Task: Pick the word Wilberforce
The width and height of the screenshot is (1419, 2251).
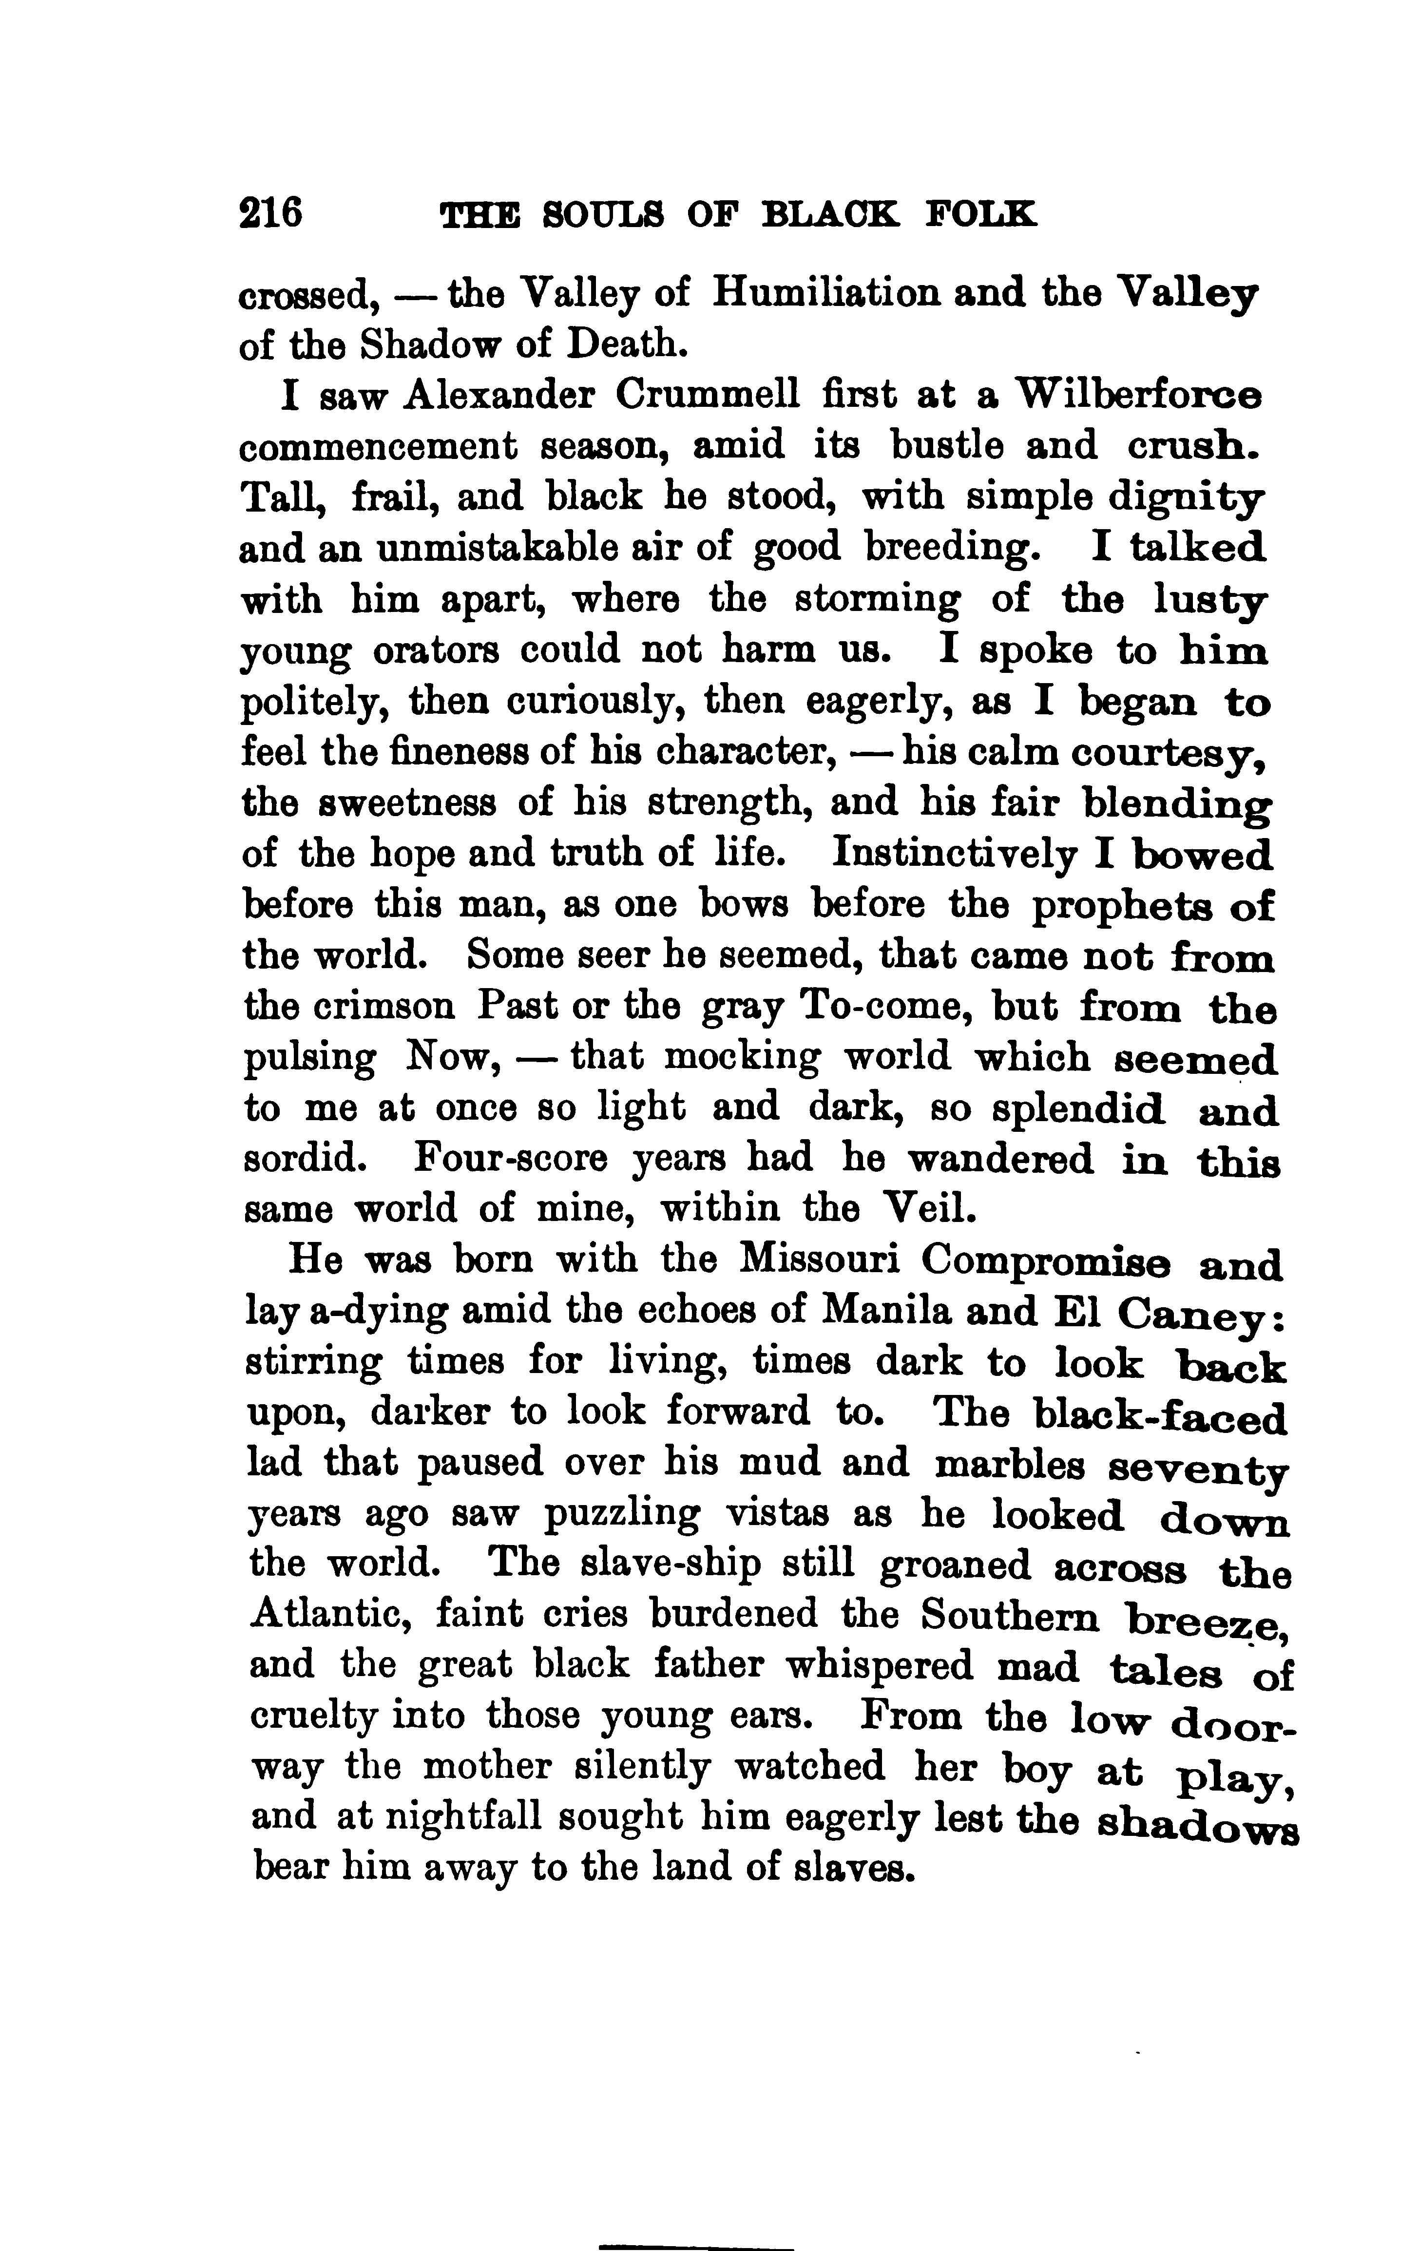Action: click(1139, 396)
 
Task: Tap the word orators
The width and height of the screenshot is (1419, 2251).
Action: click(436, 649)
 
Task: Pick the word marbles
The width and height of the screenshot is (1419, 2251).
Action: click(1011, 1463)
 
